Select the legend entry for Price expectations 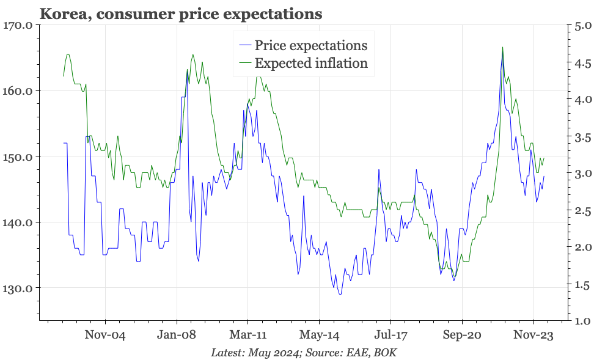point(310,45)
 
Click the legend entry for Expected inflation point(310,63)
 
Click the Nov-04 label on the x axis point(105,336)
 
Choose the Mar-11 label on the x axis point(248,336)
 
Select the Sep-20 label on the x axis point(462,336)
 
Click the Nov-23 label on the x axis point(533,336)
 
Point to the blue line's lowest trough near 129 point(340,294)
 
